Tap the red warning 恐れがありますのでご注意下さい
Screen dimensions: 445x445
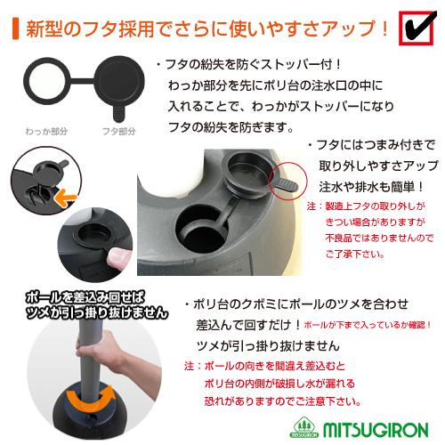pos(298,397)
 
